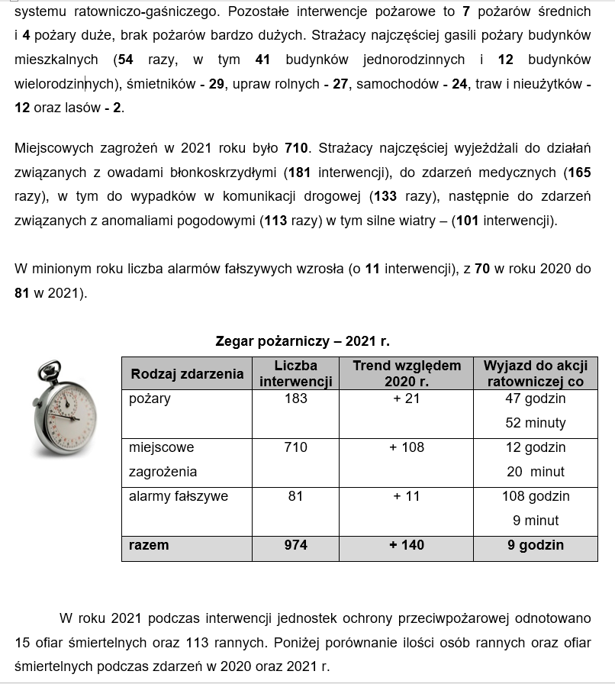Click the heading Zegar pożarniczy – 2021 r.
click(302, 341)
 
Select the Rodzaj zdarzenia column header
click(187, 373)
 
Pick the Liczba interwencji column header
click(295, 373)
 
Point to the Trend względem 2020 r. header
click(407, 373)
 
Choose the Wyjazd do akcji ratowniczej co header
click(535, 373)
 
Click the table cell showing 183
click(295, 398)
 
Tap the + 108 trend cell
click(407, 447)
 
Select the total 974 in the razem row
click(295, 545)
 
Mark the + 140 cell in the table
click(407, 545)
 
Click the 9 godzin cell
click(535, 545)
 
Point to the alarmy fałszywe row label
click(179, 496)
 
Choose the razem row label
click(149, 545)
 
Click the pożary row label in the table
click(150, 398)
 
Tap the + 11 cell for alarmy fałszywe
click(407, 496)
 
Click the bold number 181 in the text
click(300, 173)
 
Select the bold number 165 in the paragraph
click(578, 173)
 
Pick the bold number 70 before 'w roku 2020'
click(481, 269)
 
